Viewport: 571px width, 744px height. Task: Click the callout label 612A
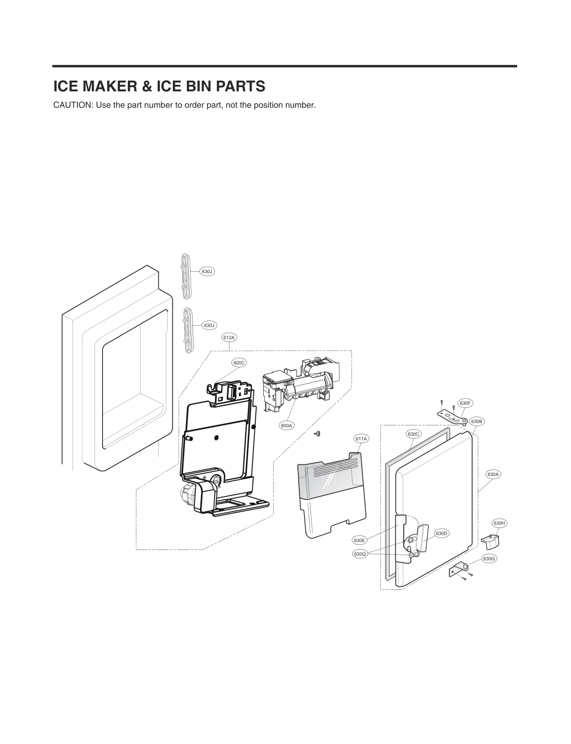pos(229,337)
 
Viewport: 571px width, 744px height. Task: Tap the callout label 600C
pos(239,363)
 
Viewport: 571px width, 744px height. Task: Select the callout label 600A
pos(286,425)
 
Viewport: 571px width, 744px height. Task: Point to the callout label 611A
pos(361,439)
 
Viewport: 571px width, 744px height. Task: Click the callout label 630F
pos(465,403)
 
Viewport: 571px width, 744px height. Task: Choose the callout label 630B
pos(477,421)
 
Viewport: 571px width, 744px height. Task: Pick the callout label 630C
pos(414,434)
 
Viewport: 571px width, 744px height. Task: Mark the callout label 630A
pos(493,475)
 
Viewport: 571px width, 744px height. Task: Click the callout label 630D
pos(442,533)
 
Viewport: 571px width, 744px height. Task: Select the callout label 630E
pos(359,540)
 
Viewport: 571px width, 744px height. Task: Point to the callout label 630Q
pos(360,554)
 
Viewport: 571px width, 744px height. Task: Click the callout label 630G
pos(489,558)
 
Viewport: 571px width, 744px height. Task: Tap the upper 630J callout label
pos(207,271)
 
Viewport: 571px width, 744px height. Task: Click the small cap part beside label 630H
pos(490,541)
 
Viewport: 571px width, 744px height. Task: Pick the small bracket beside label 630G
pos(459,570)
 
